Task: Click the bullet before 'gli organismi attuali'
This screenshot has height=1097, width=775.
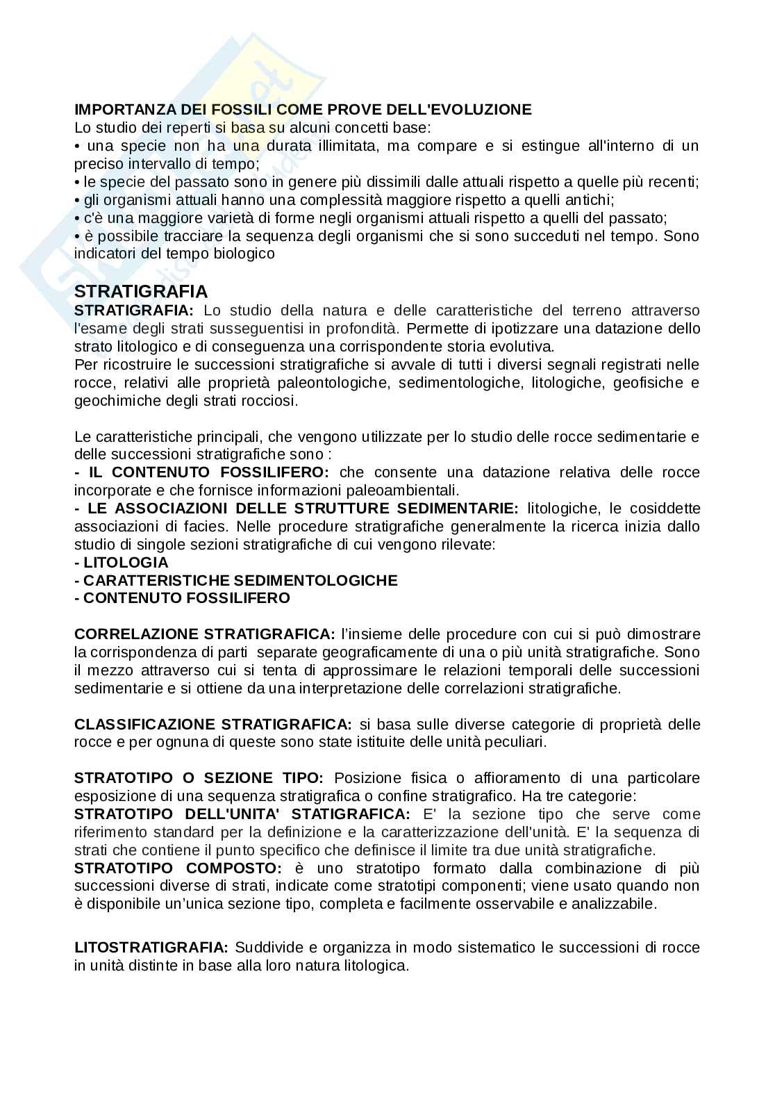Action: tap(77, 200)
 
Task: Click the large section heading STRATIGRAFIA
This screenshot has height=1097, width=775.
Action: tap(140, 291)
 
